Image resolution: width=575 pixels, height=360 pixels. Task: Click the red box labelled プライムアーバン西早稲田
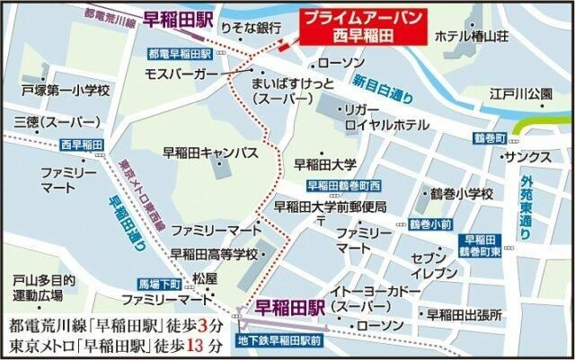click(362, 28)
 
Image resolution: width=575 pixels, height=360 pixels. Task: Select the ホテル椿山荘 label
click(472, 37)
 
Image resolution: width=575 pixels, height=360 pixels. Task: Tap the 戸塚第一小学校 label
click(66, 92)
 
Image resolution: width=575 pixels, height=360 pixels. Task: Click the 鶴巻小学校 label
click(462, 193)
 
